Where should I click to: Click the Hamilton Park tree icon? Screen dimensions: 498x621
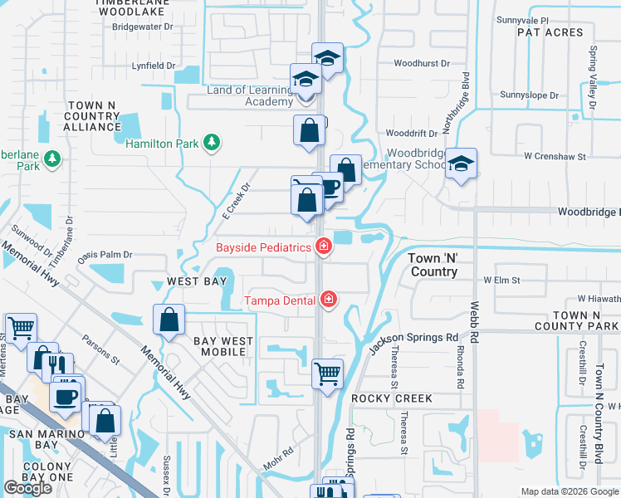[212, 143]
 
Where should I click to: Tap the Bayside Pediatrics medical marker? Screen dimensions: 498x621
[322, 247]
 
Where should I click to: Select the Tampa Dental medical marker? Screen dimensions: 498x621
[329, 299]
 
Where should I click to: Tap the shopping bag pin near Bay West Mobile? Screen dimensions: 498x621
[169, 320]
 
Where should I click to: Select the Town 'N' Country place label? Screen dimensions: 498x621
[433, 265]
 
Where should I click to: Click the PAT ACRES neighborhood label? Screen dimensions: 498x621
[550, 32]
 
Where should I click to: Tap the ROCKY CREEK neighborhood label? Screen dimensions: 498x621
[392, 398]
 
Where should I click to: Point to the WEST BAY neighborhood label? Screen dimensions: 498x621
[197, 282]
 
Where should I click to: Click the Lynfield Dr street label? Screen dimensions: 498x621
[154, 66]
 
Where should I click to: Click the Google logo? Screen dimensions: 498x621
[28, 488]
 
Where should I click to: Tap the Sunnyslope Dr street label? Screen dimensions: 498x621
[531, 95]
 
